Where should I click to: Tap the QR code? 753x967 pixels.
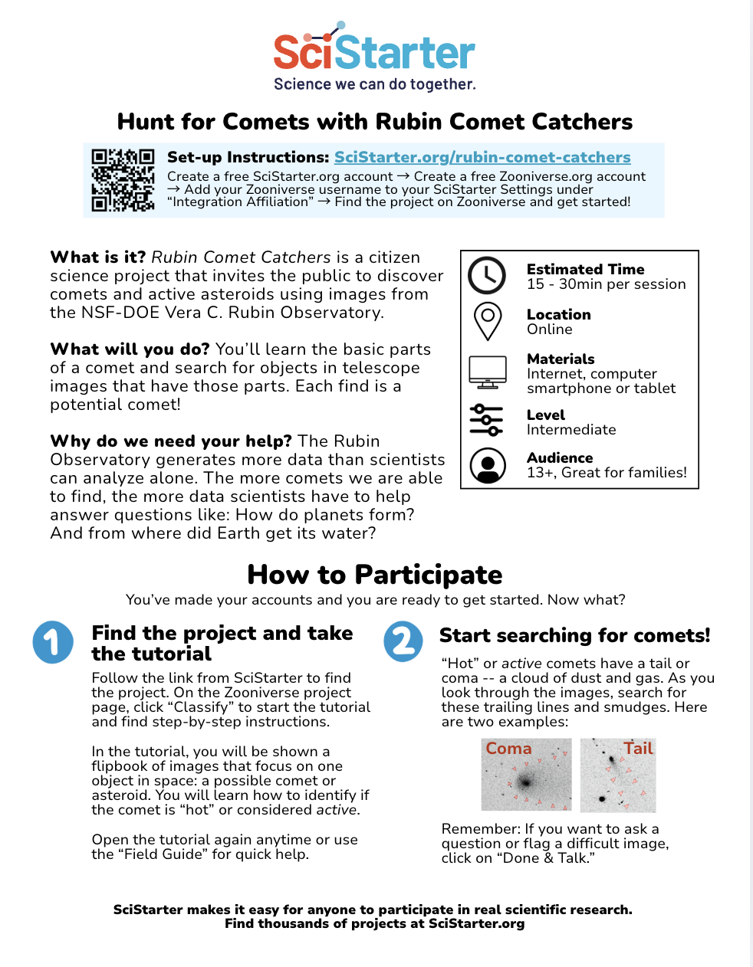(x=123, y=179)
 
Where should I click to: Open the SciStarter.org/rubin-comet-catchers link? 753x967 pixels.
(x=482, y=157)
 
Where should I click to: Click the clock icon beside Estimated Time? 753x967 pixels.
(x=487, y=276)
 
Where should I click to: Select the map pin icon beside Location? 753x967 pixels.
(x=487, y=320)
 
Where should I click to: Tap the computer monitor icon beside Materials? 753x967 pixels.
(x=487, y=372)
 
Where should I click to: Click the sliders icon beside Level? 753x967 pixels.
(x=487, y=421)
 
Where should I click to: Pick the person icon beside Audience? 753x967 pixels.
(x=487, y=464)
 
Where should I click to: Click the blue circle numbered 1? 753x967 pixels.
(x=53, y=642)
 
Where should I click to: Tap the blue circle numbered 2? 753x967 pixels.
(x=403, y=642)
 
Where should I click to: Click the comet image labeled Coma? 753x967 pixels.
(x=526, y=775)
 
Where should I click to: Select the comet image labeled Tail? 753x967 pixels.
(x=618, y=775)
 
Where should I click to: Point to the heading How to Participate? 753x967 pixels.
(x=375, y=575)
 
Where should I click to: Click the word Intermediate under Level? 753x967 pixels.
(x=571, y=430)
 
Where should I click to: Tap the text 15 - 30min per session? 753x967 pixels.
(x=606, y=284)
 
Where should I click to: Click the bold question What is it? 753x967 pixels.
(x=97, y=257)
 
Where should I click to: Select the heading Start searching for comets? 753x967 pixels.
(x=574, y=635)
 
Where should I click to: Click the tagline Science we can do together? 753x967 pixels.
(x=375, y=84)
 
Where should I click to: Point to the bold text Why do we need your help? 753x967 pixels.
(x=170, y=441)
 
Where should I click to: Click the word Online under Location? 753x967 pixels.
(x=549, y=329)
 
